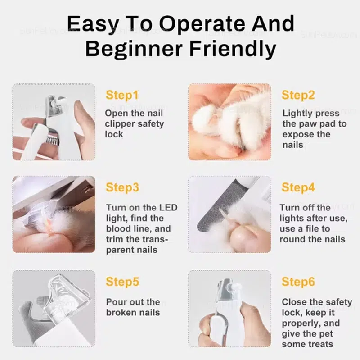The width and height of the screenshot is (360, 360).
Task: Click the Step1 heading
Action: click(122, 95)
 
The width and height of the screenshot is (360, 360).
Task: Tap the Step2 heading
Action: click(298, 95)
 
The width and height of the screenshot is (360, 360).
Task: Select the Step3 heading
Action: click(122, 187)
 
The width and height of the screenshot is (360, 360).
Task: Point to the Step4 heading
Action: click(298, 187)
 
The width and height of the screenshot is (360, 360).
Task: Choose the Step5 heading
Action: click(122, 282)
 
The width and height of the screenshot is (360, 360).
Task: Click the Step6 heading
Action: click(298, 282)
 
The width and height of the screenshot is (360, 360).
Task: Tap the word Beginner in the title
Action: click(134, 49)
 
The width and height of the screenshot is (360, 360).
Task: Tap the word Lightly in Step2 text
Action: click(295, 114)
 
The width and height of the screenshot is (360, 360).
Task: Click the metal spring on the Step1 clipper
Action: click(52, 140)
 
